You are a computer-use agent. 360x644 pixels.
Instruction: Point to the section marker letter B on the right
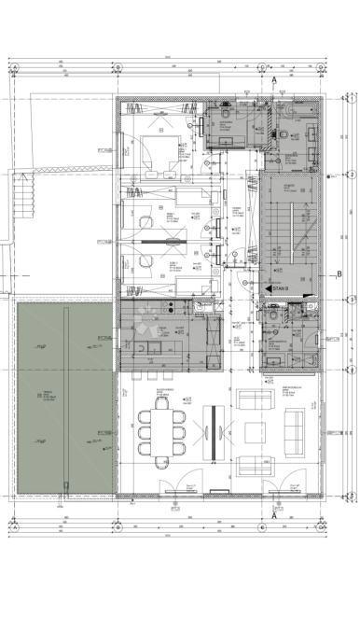(x=339, y=273)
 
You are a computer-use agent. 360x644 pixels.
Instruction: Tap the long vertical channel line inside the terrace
(x=64, y=397)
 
